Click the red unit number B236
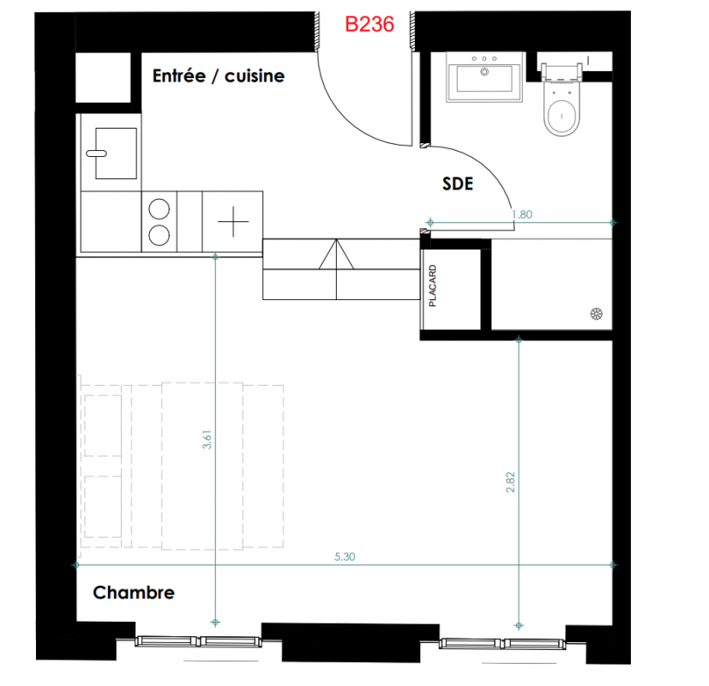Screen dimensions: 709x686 coord(370,24)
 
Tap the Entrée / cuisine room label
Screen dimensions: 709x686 coord(219,76)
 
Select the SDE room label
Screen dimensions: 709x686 coord(458,184)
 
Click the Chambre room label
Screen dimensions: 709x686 coord(134,593)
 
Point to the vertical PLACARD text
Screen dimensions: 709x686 coord(432,286)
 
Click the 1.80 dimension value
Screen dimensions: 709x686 coord(522,214)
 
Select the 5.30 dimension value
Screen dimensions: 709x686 coord(345,557)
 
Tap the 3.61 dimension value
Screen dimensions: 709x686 coord(207,439)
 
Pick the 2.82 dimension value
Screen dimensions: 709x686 coord(510,483)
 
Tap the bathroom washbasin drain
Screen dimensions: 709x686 coord(484,72)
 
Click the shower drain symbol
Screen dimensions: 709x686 coord(597,314)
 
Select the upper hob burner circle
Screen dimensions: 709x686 coord(159,209)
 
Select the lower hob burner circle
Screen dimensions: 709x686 coord(159,235)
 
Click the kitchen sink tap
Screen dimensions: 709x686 coord(96,153)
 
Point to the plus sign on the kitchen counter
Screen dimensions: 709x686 coord(233,221)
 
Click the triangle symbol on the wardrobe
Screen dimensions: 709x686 coord(336,254)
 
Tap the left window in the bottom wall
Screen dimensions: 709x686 coord(198,641)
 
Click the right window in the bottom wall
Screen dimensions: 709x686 coord(502,643)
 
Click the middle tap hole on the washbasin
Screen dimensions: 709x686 coord(484,59)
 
